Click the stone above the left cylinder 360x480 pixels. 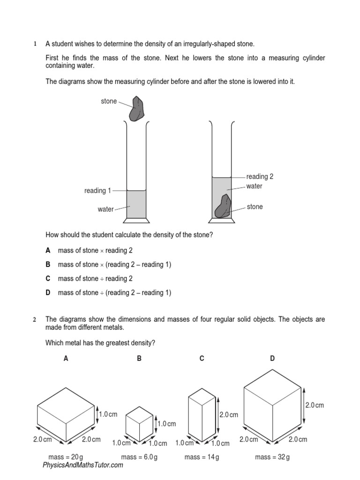pyautogui.click(x=137, y=109)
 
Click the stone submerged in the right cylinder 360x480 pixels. pyautogui.click(x=223, y=207)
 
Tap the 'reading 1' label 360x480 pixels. pyautogui.click(x=97, y=191)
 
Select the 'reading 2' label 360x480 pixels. pyautogui.click(x=260, y=177)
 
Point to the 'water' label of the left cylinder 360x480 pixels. pyautogui.click(x=105, y=210)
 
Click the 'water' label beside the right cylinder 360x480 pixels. pyautogui.click(x=255, y=187)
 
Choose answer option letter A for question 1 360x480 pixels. pyautogui.click(x=48, y=251)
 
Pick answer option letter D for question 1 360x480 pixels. pyautogui.click(x=48, y=293)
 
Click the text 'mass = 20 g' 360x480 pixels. pyautogui.click(x=65, y=457)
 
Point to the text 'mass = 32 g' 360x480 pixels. pyautogui.click(x=272, y=457)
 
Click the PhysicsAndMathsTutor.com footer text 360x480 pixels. pyautogui.click(x=83, y=465)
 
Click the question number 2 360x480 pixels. pyautogui.click(x=35, y=320)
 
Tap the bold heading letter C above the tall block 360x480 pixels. pyautogui.click(x=202, y=359)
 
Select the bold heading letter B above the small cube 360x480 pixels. pyautogui.click(x=139, y=359)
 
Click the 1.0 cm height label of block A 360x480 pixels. pyautogui.click(x=109, y=414)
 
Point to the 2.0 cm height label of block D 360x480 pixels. pyautogui.click(x=315, y=405)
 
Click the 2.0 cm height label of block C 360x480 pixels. pyautogui.click(x=229, y=415)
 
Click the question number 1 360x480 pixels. pyautogui.click(x=35, y=44)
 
